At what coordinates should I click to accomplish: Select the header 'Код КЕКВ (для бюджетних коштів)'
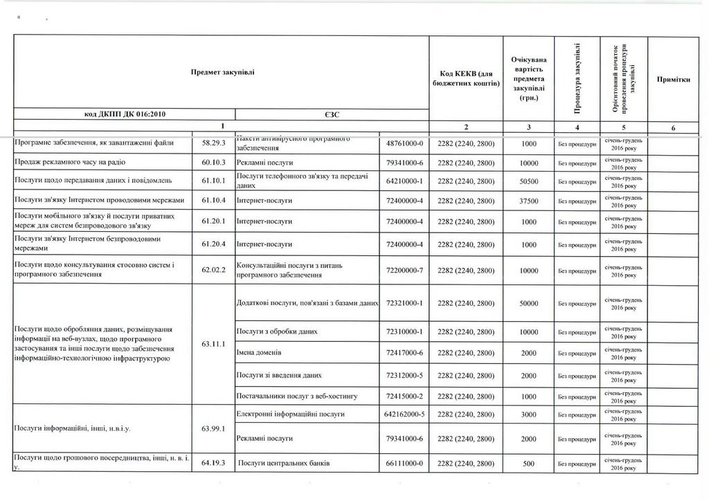click(466, 78)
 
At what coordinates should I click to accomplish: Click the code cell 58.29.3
click(214, 143)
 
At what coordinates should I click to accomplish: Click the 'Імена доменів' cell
click(260, 353)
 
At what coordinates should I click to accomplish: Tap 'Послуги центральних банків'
click(283, 463)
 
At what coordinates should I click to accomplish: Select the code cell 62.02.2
click(214, 270)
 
